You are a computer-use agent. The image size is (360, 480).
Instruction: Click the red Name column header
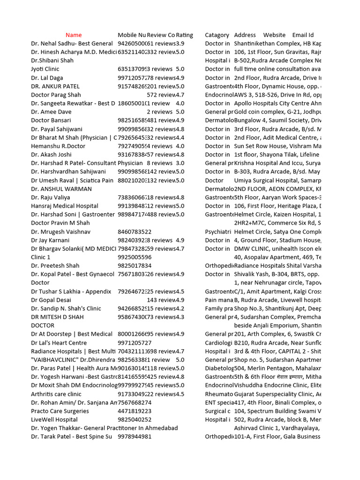click(74, 35)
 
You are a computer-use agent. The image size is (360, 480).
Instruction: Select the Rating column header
click(184, 35)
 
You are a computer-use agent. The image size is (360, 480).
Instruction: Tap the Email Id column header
click(303, 35)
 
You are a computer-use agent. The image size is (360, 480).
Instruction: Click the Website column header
click(274, 35)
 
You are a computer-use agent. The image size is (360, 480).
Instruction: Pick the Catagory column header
click(217, 35)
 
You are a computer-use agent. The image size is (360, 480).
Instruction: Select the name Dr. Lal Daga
click(47, 78)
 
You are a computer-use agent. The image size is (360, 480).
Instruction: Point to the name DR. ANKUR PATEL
click(55, 86)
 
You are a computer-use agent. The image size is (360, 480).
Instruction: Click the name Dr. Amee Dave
click(51, 112)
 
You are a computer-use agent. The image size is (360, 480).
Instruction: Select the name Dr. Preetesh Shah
click(55, 266)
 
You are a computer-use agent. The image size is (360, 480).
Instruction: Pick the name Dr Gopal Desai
click(51, 300)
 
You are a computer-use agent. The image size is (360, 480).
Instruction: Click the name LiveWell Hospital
click(54, 420)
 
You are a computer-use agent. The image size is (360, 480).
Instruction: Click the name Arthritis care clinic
click(56, 394)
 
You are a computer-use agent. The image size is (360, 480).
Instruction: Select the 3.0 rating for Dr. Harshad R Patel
click(180, 163)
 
